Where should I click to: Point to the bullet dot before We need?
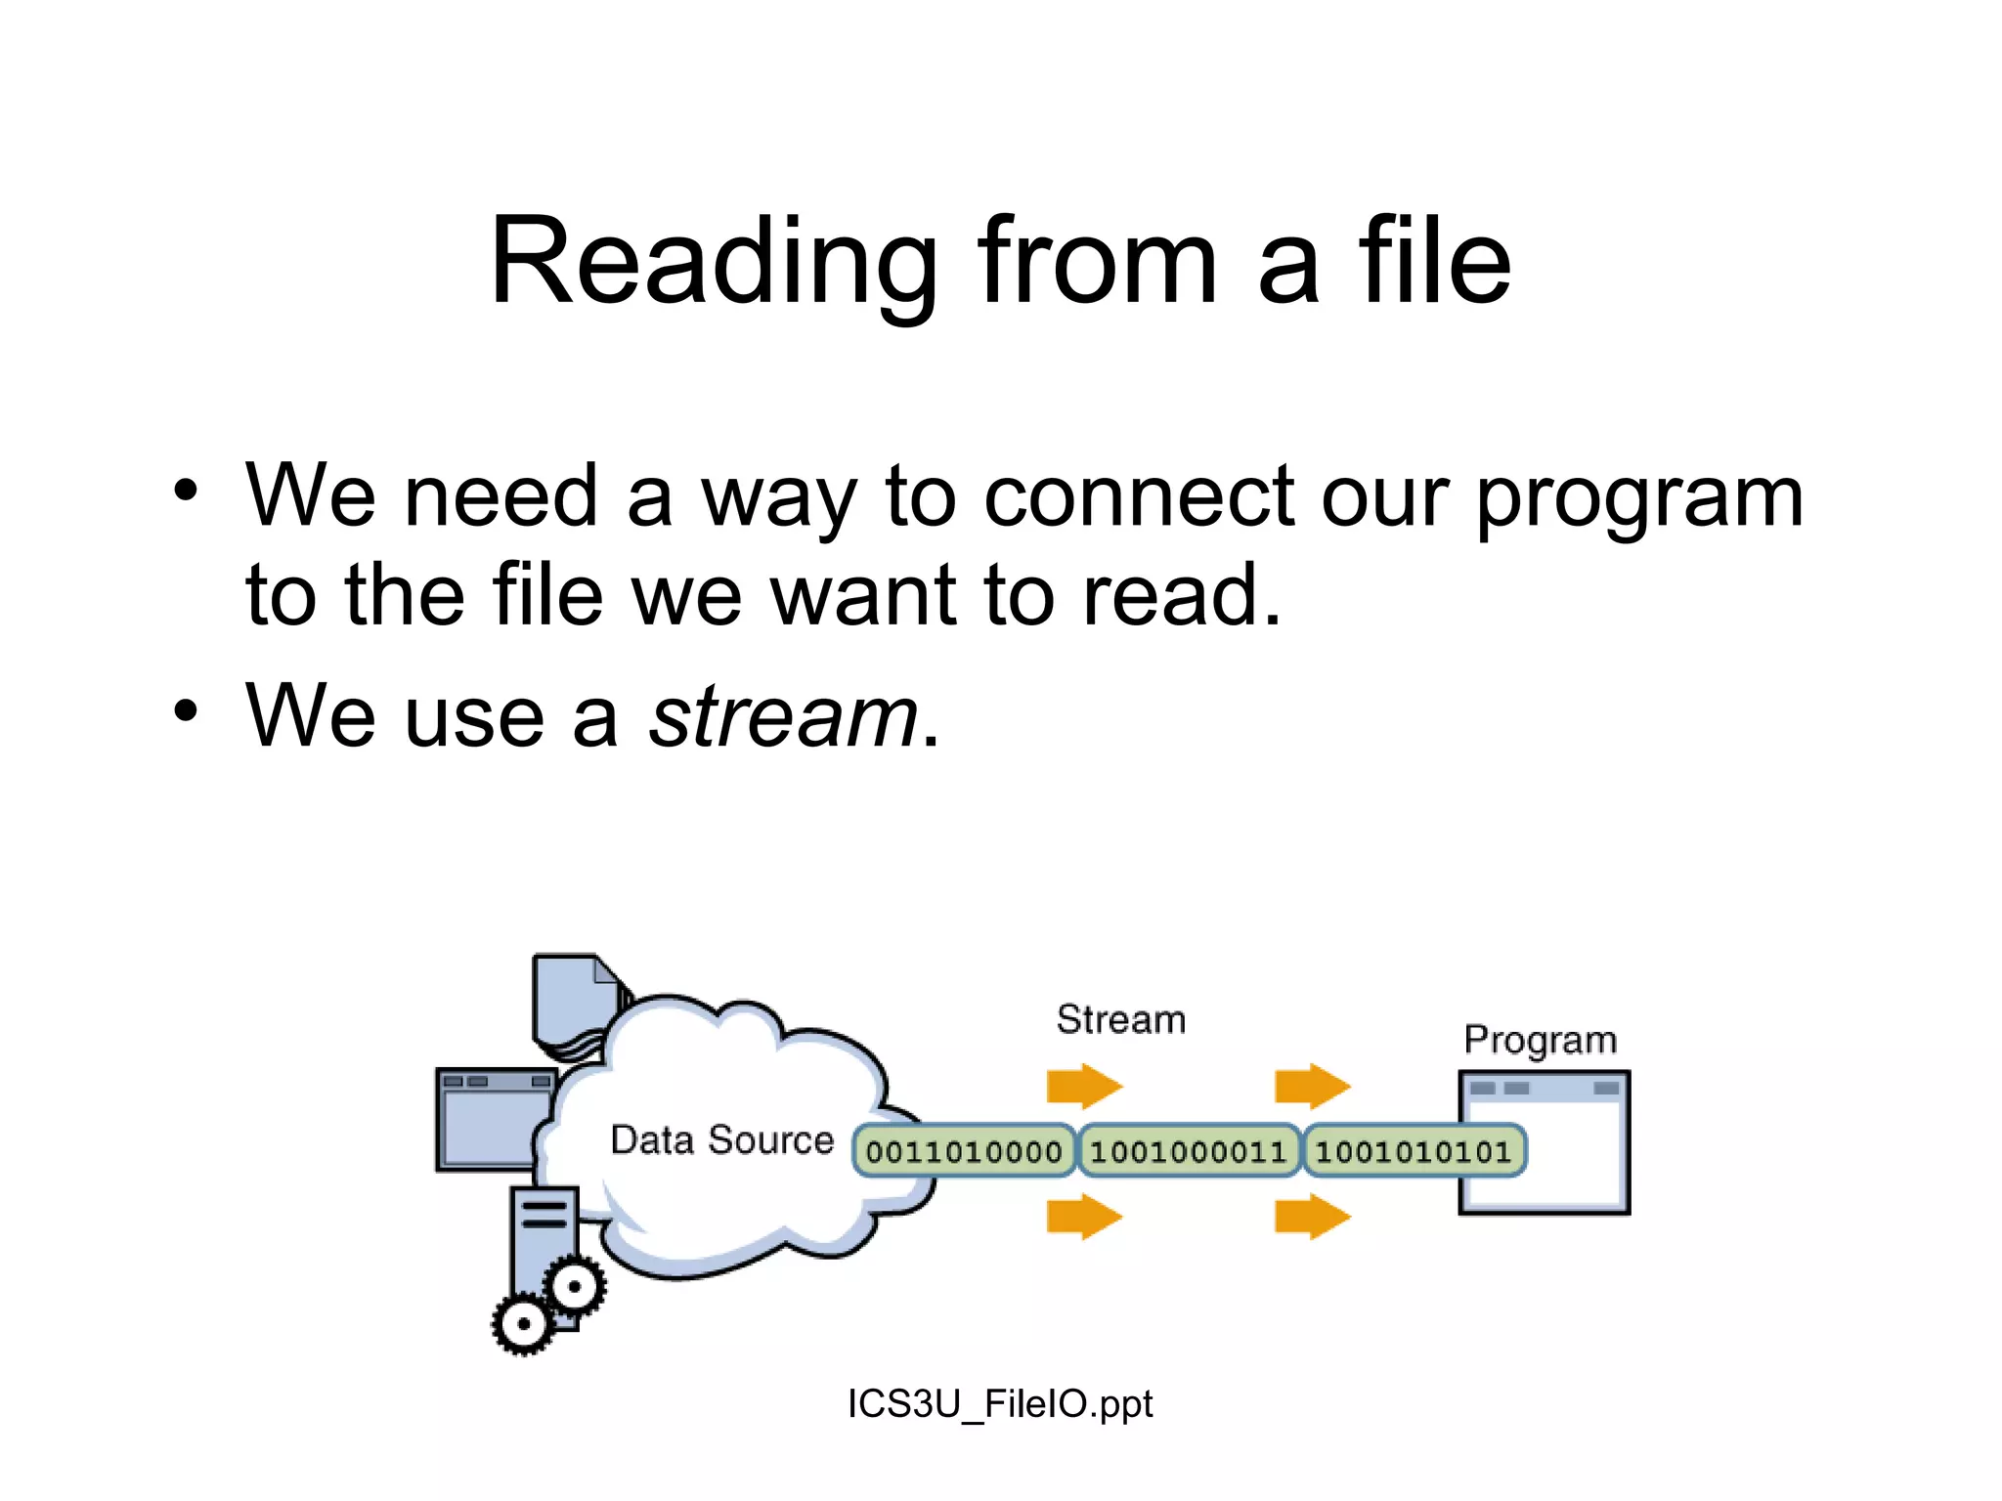pos(186,490)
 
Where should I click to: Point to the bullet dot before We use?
pos(186,710)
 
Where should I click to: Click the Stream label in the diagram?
pos(1120,1020)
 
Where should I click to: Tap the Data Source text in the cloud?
pos(721,1140)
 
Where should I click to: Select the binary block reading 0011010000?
pos(964,1152)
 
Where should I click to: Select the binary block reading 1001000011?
pos(1188,1152)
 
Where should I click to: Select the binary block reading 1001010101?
pos(1414,1152)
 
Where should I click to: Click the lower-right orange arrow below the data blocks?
pos(1312,1218)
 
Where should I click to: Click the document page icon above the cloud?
pos(574,1001)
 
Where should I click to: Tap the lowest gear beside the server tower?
pos(523,1324)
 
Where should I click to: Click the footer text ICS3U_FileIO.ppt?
pos(999,1404)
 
